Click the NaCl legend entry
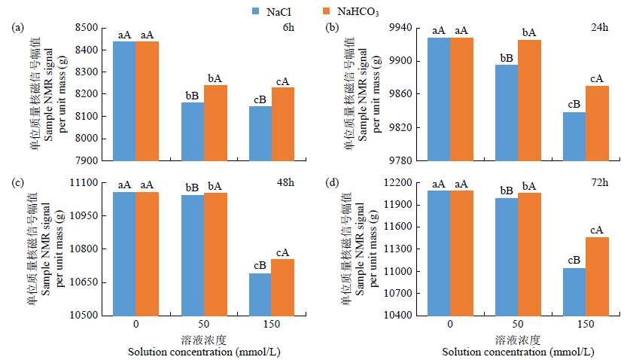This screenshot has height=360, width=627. point(274,11)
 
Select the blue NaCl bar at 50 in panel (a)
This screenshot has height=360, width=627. point(192,131)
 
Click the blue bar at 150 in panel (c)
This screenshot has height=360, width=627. point(260,294)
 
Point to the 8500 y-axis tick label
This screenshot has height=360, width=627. point(84,28)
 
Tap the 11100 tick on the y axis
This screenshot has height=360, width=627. point(84,183)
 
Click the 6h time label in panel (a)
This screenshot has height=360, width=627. point(289,28)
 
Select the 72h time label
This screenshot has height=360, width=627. point(601,183)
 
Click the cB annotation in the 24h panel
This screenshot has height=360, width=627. point(574,104)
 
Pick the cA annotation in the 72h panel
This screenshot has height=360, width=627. point(597,230)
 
